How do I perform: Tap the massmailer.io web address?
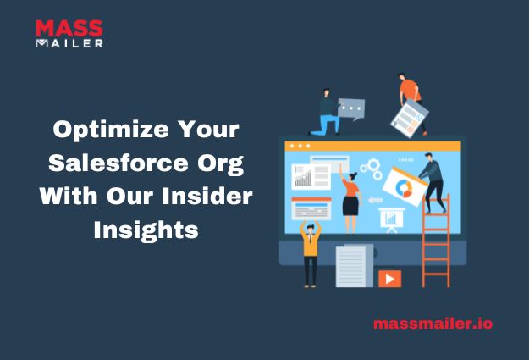tap(432, 324)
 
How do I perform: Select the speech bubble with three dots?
tap(350, 108)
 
